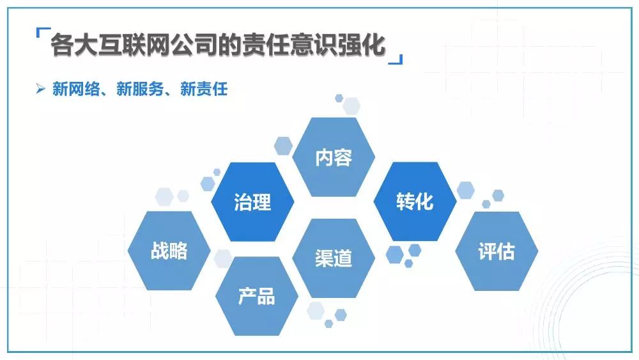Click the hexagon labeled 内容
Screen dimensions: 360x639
334,157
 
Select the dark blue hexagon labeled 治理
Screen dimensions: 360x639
252,202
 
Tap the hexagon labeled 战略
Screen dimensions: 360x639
169,251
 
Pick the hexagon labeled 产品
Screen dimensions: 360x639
256,296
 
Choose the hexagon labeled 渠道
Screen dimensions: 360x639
334,258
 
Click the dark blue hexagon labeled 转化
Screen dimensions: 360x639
415,202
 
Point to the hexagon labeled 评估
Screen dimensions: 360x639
497,251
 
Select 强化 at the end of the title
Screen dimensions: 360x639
366,45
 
